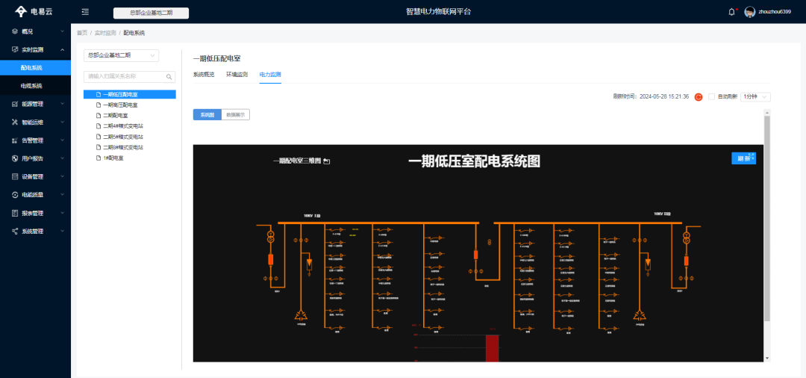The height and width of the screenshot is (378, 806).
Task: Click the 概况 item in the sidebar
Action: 28,31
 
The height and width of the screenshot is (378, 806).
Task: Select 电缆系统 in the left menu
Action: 31,86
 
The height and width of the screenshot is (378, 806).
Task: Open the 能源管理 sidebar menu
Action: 32,104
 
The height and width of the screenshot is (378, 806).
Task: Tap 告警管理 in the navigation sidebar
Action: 32,140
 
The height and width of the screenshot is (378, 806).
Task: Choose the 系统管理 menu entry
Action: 32,232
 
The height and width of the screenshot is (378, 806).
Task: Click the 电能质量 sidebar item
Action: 32,195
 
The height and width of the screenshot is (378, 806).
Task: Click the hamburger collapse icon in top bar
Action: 85,12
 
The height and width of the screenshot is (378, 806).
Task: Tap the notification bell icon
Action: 731,12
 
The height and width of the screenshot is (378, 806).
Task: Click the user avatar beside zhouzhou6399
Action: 749,12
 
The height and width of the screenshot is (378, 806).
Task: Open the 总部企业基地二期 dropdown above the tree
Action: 122,55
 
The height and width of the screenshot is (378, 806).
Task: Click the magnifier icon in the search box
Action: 169,76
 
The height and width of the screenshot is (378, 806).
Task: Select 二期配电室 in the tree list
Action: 115,116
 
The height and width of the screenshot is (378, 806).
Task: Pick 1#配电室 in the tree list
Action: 113,158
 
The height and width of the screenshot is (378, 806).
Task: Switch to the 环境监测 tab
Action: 237,75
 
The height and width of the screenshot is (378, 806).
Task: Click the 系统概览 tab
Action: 204,75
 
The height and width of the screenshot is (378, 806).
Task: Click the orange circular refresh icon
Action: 699,96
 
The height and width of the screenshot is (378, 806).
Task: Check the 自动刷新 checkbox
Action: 711,96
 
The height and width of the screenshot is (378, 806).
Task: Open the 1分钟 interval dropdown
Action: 755,96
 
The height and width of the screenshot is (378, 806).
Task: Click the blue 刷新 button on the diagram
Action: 744,158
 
